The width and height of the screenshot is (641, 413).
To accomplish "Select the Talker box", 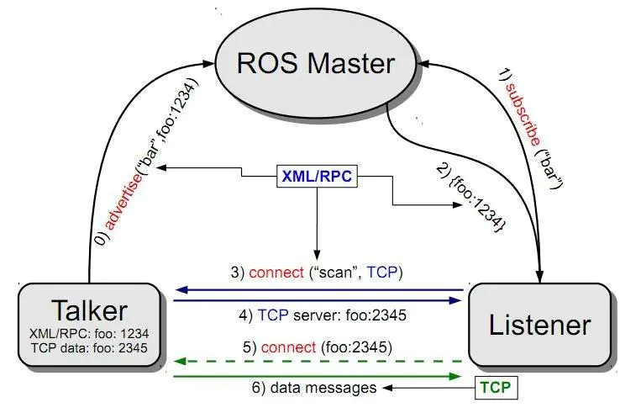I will point(89,326).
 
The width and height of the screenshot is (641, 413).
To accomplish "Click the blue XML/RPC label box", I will point(318,177).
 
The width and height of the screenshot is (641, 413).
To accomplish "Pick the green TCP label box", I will point(496,388).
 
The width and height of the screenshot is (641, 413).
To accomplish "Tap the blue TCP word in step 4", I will point(273,317).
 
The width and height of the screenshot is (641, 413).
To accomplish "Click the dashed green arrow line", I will point(319,362).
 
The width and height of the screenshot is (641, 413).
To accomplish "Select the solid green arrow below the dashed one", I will point(319,376).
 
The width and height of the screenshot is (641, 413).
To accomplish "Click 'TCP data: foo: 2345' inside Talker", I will point(89,346).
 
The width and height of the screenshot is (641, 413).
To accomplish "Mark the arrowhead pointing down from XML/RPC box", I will point(318,254).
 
